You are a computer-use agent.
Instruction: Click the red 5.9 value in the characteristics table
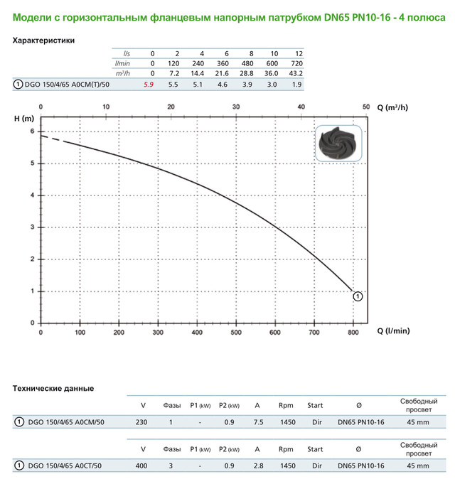click(x=149, y=84)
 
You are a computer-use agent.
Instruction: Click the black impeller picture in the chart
click(x=341, y=146)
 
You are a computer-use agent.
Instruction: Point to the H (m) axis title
click(x=23, y=117)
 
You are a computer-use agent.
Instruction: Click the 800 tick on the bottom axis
click(x=353, y=331)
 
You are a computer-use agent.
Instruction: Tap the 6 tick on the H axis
click(x=32, y=131)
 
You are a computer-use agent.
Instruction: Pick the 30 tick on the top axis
click(x=236, y=107)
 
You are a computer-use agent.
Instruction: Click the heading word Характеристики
click(x=44, y=41)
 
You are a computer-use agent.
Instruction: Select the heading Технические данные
click(x=53, y=388)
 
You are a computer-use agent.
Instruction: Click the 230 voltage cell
click(x=141, y=422)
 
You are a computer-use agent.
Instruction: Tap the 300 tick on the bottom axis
click(x=158, y=331)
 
